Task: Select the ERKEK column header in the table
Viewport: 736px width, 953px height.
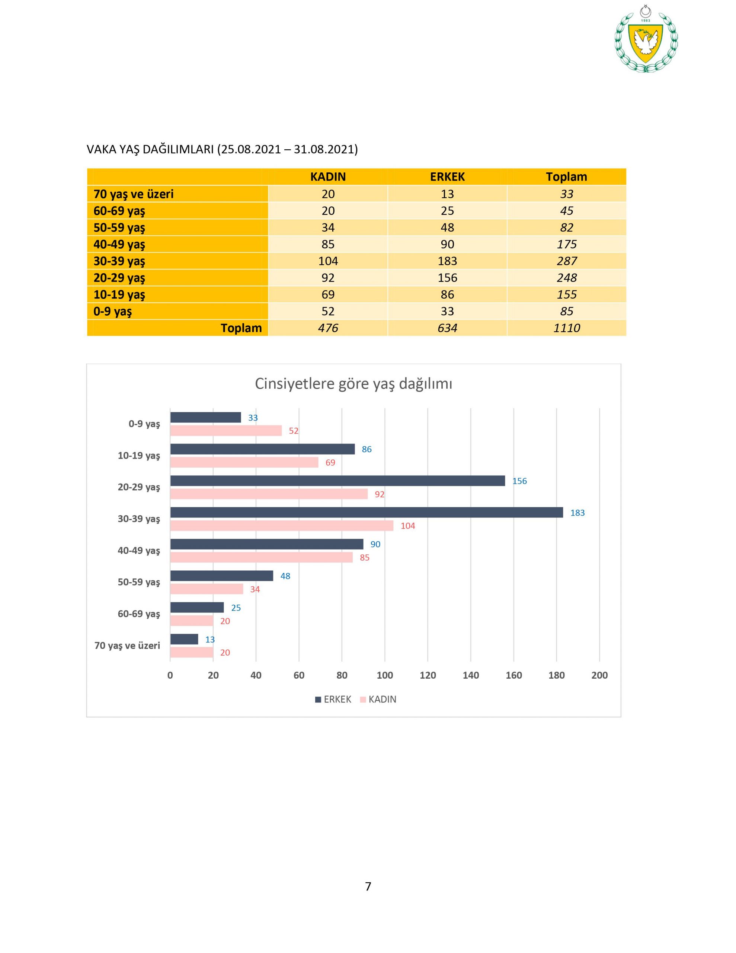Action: point(447,177)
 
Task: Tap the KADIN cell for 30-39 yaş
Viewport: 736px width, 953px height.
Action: point(328,261)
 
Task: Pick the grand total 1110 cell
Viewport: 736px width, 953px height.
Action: point(566,328)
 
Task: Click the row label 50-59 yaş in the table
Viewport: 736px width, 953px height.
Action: point(119,228)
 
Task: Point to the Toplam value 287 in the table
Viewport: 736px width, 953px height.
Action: point(566,261)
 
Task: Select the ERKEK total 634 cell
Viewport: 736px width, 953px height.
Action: point(447,328)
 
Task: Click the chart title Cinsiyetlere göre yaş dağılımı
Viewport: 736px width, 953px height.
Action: point(353,383)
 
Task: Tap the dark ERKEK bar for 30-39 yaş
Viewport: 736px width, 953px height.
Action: point(367,512)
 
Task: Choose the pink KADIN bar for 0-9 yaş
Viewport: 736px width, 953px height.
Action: point(226,431)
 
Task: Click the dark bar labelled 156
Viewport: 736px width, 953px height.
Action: point(337,481)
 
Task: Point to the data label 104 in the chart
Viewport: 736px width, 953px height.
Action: point(407,526)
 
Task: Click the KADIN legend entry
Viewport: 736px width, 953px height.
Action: point(378,699)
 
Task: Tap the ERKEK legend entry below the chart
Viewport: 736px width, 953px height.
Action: point(333,699)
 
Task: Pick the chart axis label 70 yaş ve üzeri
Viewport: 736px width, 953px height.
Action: point(127,646)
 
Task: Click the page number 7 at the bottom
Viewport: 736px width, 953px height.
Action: point(368,886)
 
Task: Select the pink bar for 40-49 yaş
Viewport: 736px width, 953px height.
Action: point(261,557)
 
